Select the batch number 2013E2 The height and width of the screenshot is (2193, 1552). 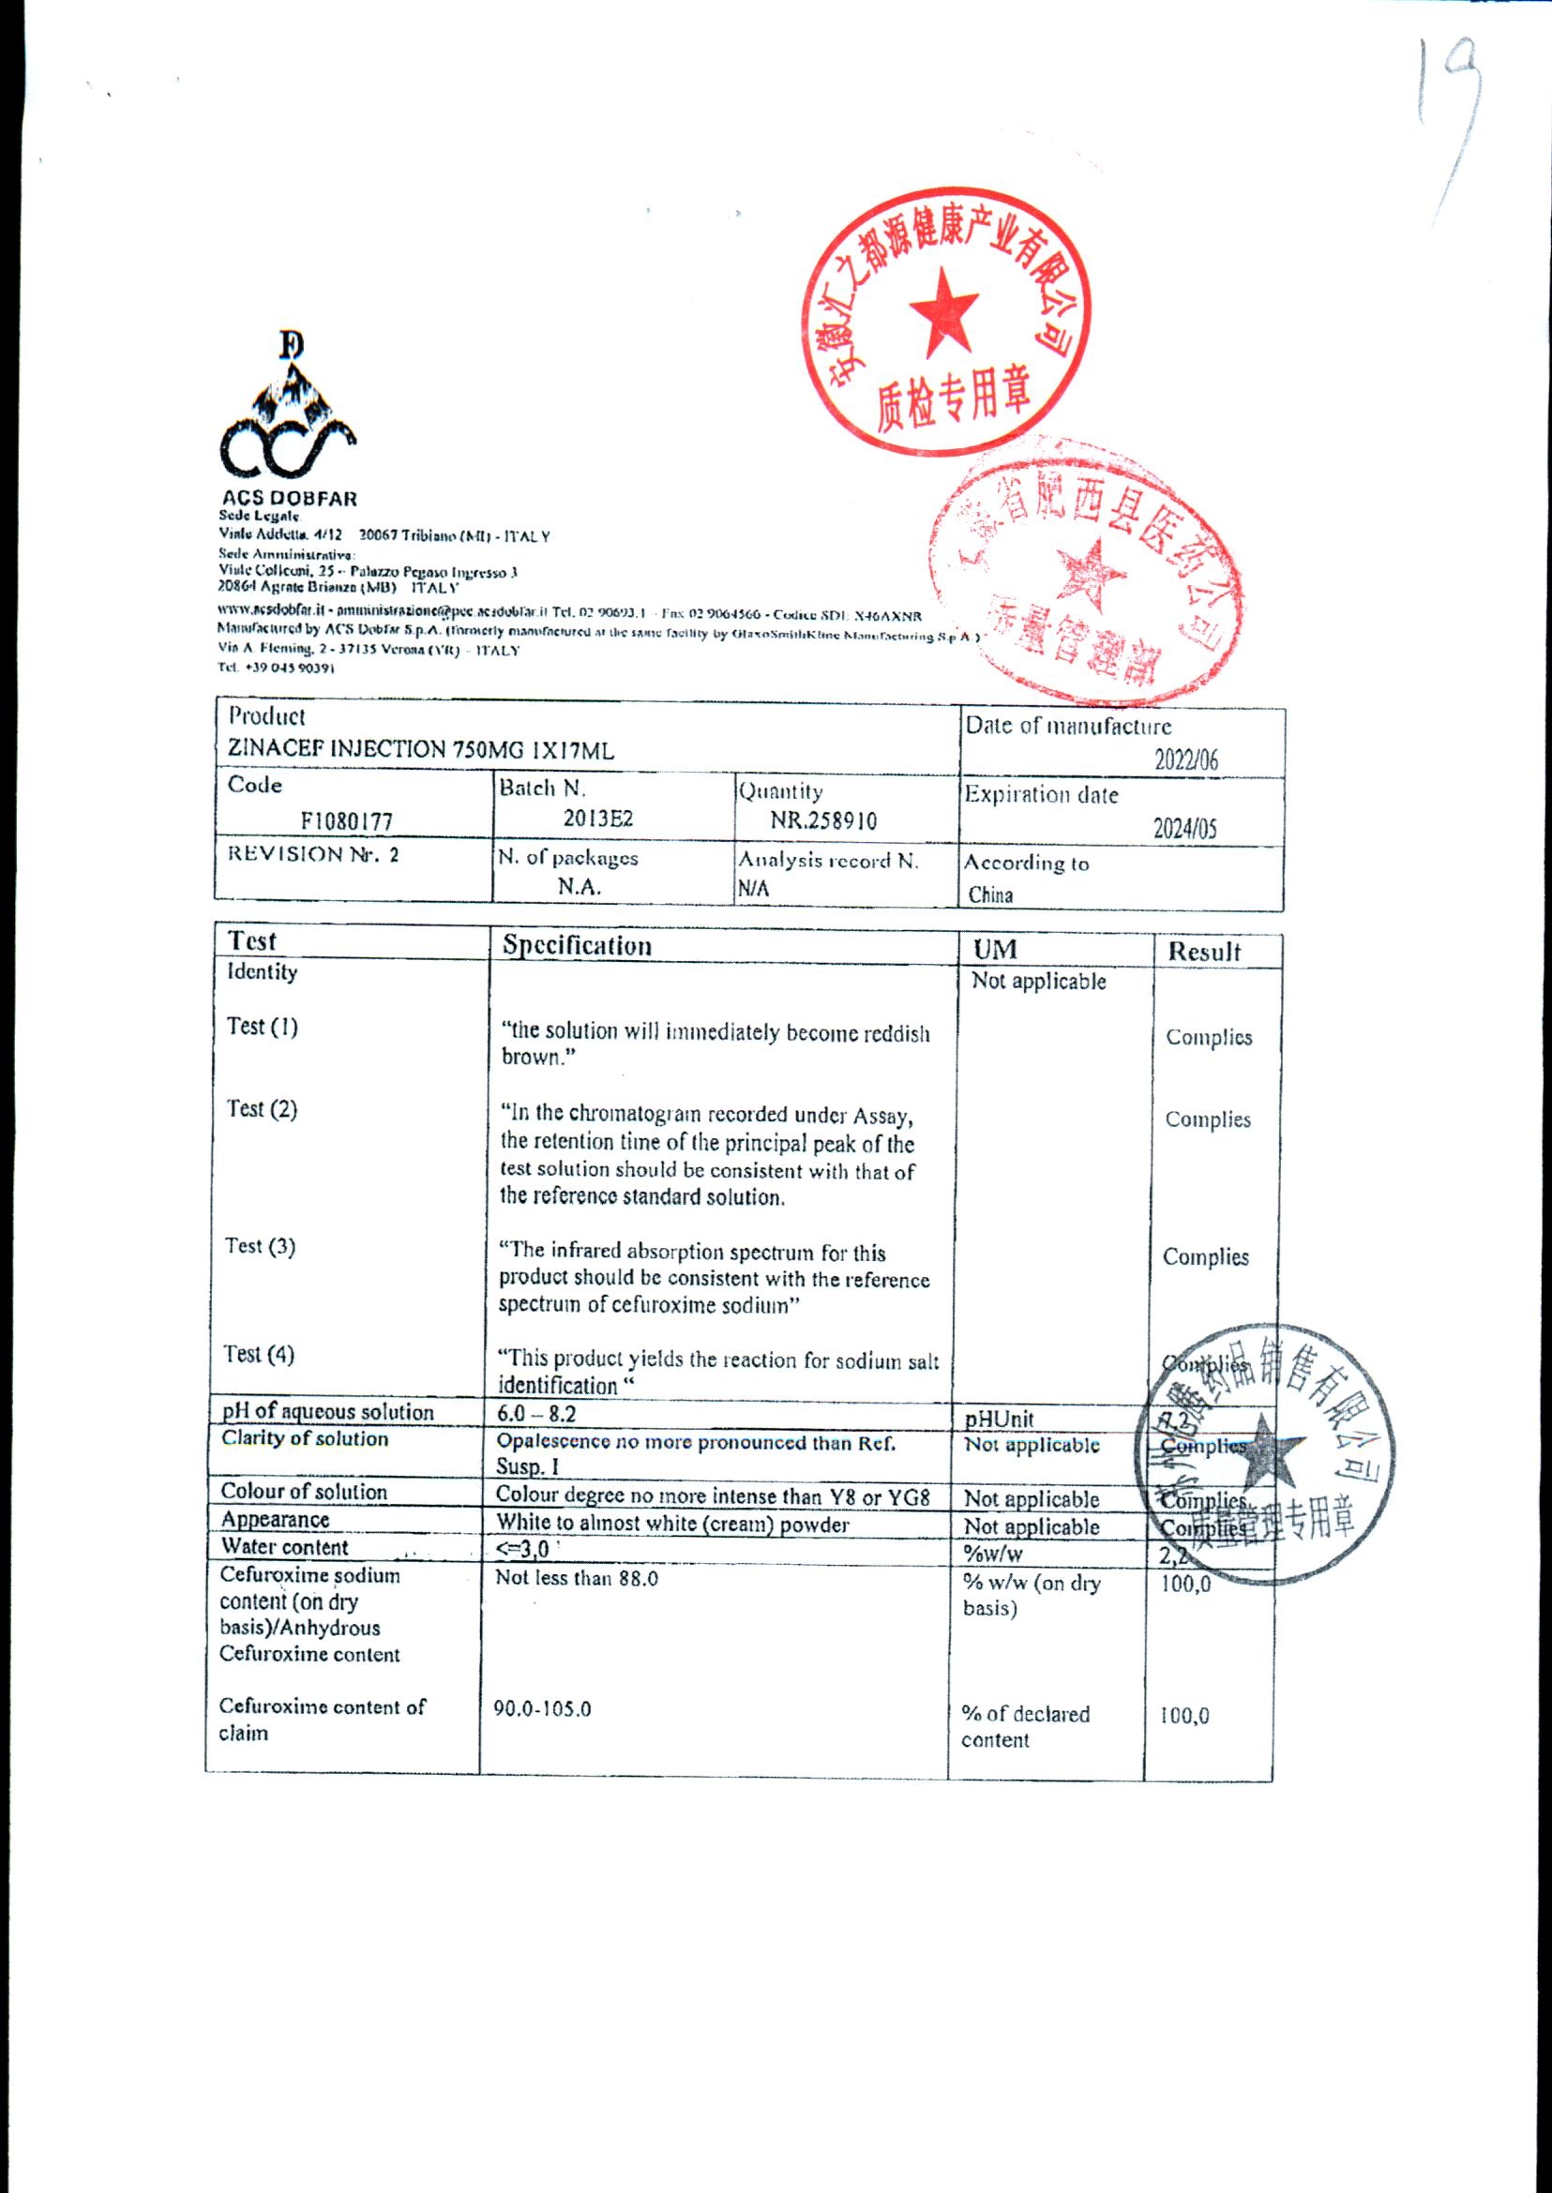tap(598, 819)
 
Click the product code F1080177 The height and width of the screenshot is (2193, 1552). tap(346, 820)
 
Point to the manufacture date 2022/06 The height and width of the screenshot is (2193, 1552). tap(1186, 759)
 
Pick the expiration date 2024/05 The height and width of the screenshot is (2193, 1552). tap(1185, 829)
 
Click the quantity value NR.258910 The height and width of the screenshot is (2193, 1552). tap(823, 820)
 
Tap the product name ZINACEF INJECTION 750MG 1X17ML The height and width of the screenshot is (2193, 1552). tap(420, 750)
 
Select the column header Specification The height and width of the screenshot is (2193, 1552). tap(578, 946)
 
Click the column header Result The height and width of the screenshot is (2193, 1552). tap(1204, 952)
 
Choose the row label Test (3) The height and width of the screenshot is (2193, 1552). tap(260, 1246)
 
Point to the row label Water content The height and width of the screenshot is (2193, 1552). tap(285, 1547)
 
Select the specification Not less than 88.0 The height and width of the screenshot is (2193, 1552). tap(577, 1578)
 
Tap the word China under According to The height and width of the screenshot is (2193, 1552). tap(990, 895)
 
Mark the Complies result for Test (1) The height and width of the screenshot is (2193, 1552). tap(1209, 1038)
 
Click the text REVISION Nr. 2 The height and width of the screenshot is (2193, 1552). tap(312, 854)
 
